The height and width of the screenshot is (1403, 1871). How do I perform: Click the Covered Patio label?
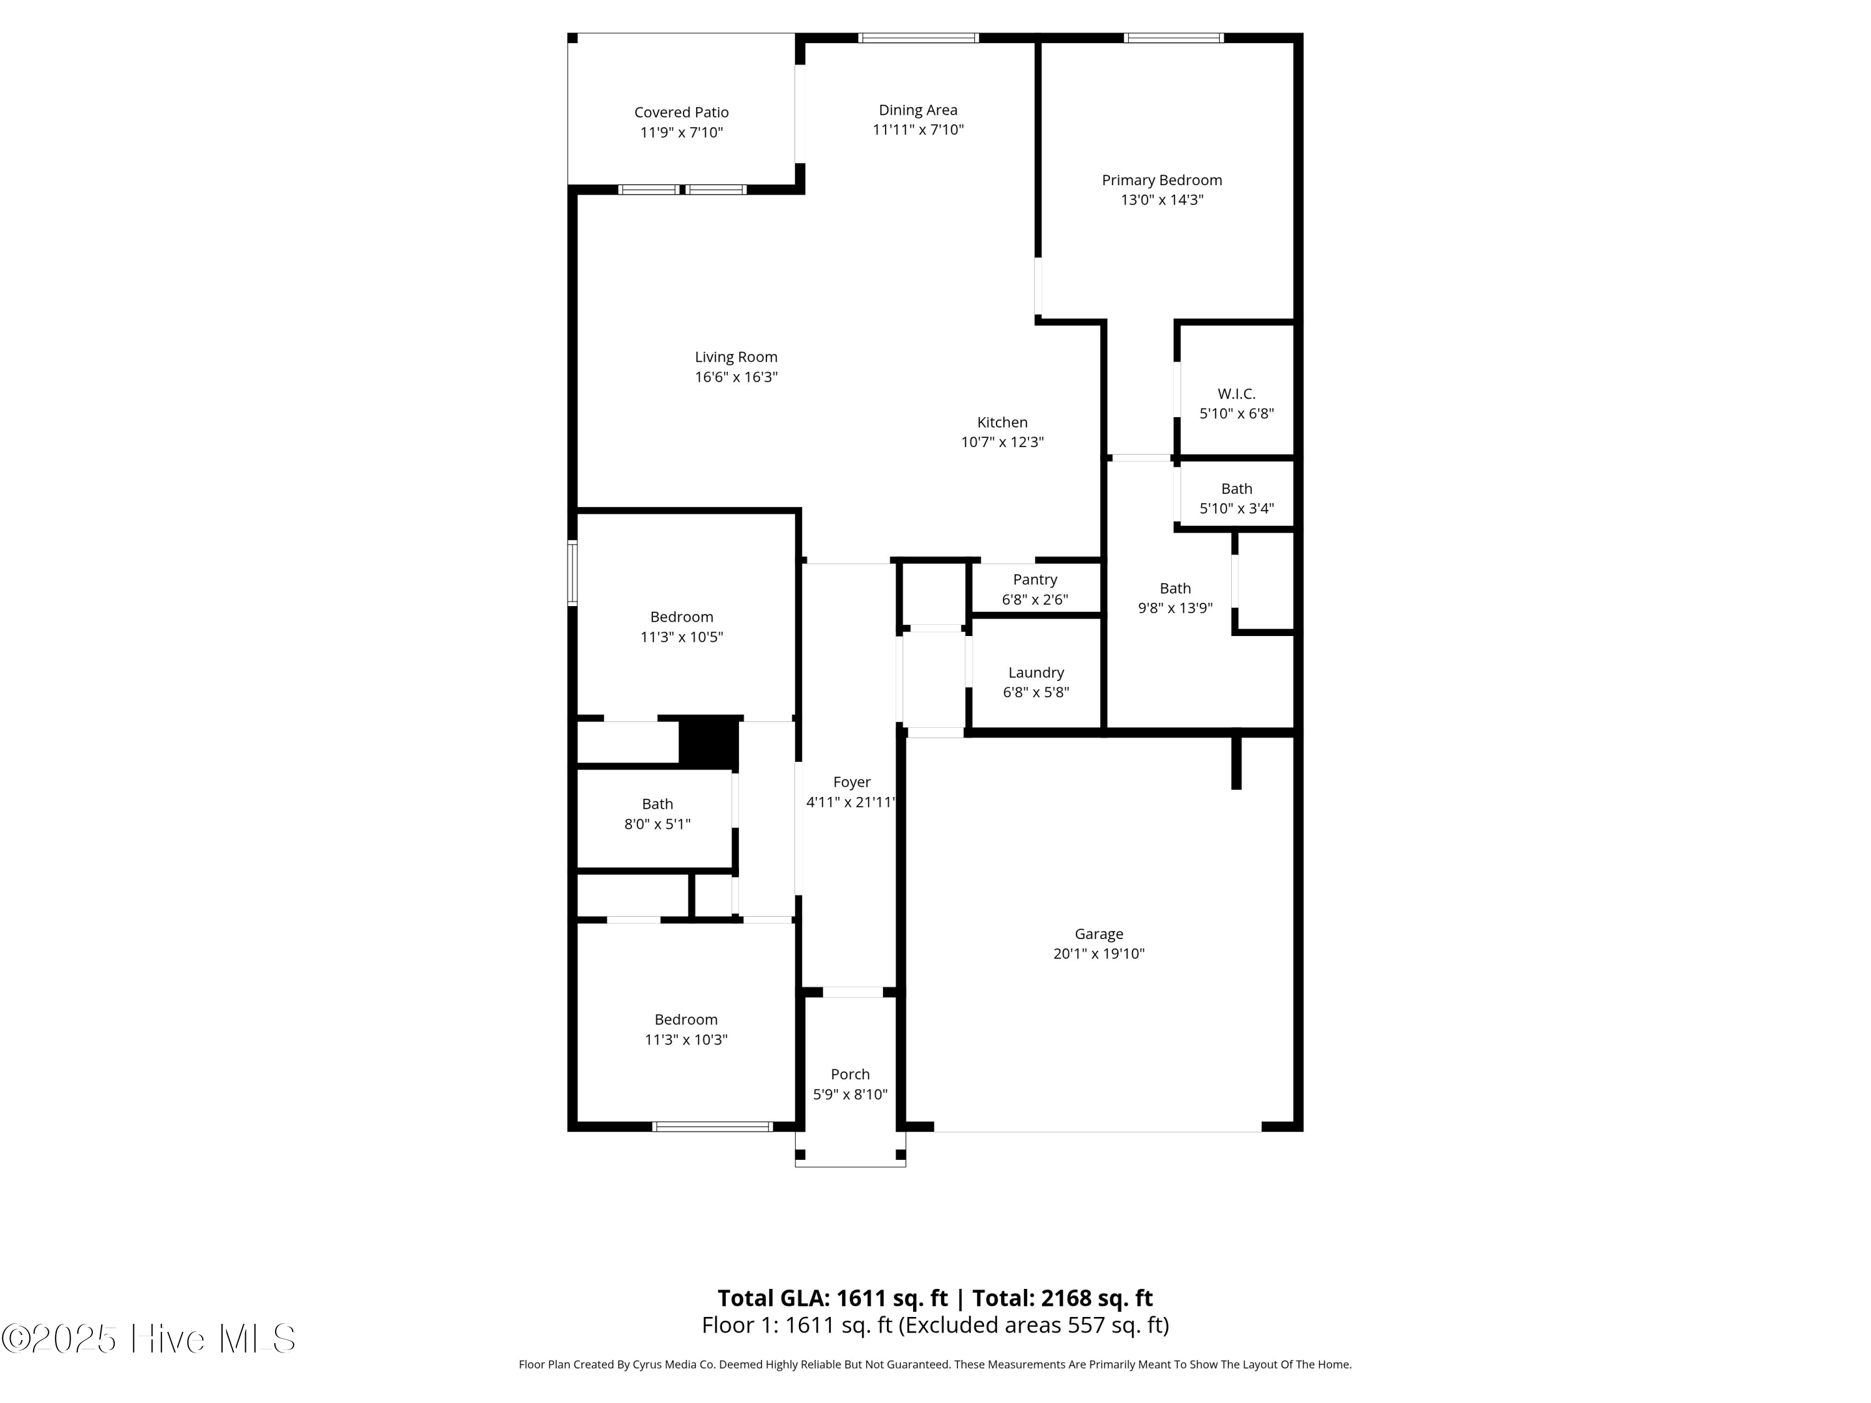pos(681,112)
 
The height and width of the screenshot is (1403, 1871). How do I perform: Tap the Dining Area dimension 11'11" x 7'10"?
pos(918,130)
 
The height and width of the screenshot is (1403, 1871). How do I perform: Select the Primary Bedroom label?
pos(1161,180)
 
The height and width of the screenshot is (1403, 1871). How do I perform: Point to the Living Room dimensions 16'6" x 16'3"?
pos(736,377)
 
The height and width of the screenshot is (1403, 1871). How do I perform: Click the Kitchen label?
pos(1002,422)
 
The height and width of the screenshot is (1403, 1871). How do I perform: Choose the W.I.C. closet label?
pos(1235,393)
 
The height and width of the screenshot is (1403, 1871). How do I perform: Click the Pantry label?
pos(1035,579)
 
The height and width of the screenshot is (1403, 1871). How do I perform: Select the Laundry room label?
pos(1035,672)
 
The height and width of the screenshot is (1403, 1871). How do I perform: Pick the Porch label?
pos(850,1074)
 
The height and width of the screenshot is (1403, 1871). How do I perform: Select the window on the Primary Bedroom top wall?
pos(1173,37)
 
